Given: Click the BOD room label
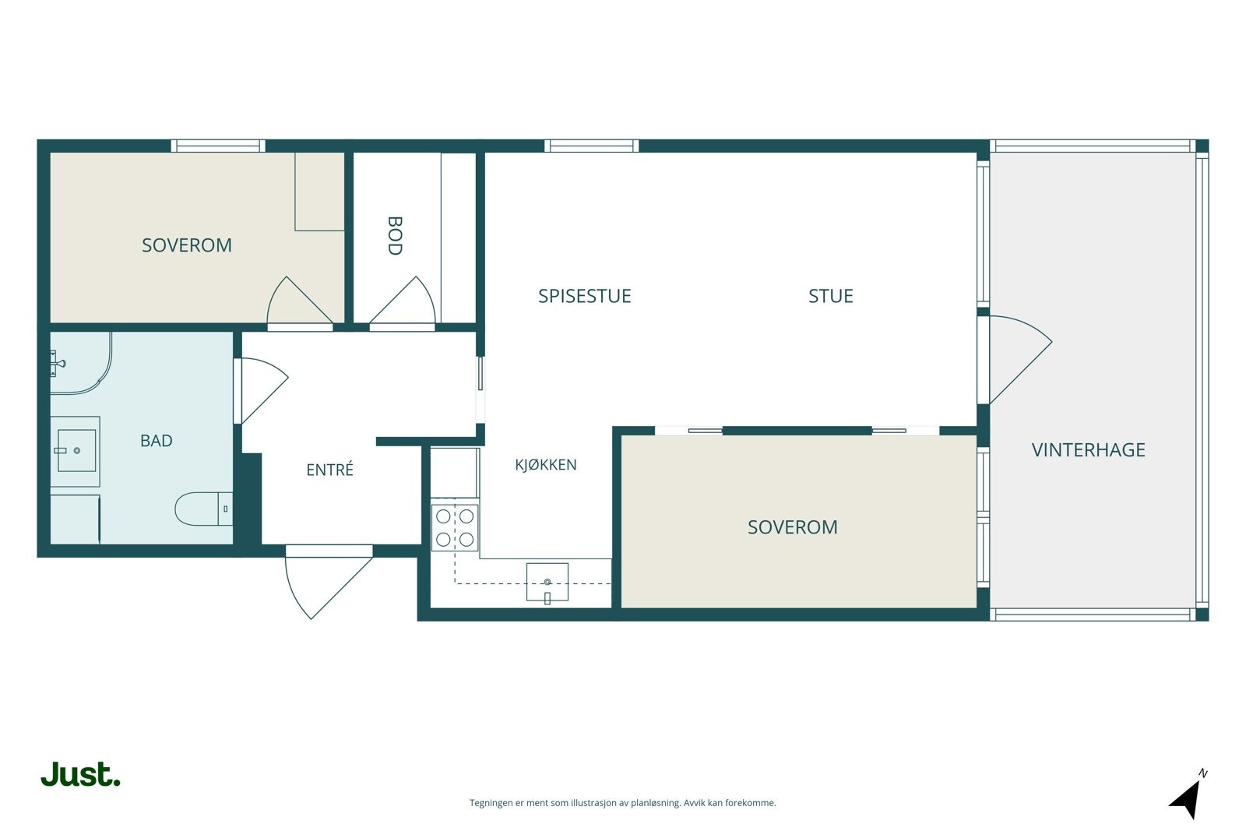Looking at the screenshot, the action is tap(394, 236).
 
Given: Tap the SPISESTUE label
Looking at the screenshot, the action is tap(585, 296).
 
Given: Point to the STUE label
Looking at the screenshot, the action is tap(830, 296).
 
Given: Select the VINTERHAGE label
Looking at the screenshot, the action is tap(1088, 450).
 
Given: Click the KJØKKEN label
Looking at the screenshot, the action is tap(546, 464).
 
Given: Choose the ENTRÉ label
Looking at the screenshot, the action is tap(330, 470).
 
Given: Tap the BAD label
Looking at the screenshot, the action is tap(157, 441).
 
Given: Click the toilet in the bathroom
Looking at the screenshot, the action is tap(203, 509).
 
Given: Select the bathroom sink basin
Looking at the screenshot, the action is tap(77, 450).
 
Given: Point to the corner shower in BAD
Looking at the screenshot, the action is tap(81, 363).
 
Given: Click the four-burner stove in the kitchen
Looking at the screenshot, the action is tap(455, 527).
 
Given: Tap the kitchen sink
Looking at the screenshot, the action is tap(547, 582).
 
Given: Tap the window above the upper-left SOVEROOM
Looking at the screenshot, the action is tap(218, 146).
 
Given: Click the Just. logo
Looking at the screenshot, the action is tap(81, 774).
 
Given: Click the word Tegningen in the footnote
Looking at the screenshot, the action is tap(491, 803).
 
